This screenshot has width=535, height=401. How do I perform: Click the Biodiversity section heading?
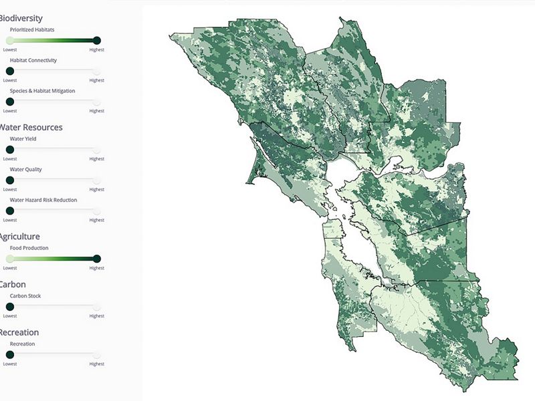21,18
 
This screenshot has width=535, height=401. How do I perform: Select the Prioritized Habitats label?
32,30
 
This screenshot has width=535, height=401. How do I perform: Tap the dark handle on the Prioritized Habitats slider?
97,40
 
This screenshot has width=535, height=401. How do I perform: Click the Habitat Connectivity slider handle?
9,71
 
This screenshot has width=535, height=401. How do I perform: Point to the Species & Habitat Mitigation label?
42,90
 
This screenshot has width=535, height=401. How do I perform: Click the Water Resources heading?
31,127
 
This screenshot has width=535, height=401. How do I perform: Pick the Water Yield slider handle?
9,150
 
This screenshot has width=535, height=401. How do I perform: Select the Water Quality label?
25,169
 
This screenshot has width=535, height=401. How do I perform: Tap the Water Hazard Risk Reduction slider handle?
9,211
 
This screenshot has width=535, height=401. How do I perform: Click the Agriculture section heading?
19,237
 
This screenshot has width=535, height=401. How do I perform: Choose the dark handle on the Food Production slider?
97,259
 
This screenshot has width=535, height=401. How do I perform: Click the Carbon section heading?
13,284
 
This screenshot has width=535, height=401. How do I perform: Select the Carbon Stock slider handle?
9,307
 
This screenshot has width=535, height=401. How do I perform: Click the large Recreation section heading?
19,332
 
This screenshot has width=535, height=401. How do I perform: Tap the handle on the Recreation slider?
9,355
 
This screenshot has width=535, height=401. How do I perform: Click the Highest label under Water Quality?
97,189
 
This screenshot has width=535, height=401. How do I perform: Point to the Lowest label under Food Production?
10,268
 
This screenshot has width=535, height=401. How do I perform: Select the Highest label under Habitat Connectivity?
97,80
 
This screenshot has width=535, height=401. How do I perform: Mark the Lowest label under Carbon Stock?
10,316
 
